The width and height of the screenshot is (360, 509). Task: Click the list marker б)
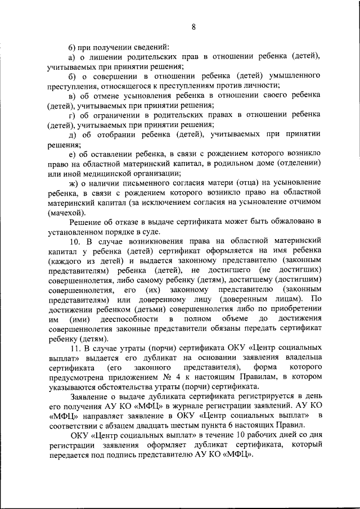pyautogui.click(x=71, y=76)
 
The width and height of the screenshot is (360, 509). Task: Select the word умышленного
pyautogui.click(x=293, y=76)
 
